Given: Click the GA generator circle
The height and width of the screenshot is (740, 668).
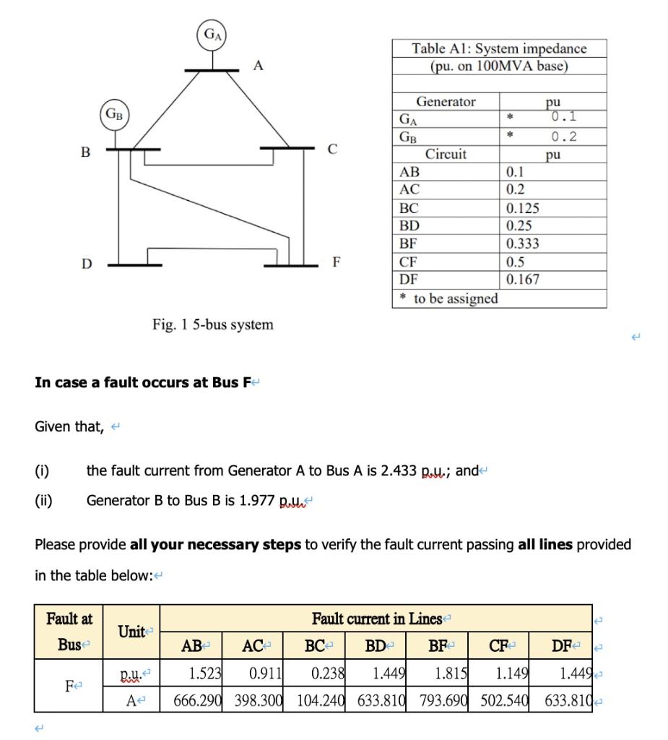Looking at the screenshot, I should pos(212,35).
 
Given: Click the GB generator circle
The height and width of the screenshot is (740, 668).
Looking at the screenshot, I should pos(114,114).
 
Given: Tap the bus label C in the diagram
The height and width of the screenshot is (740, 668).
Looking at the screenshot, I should pos(332,150).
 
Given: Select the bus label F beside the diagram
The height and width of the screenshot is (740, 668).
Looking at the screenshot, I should pos(336,261).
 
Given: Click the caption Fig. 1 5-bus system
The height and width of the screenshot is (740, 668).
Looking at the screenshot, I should pos(213,324).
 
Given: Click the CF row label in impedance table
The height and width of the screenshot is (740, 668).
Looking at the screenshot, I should pos(409,262).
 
